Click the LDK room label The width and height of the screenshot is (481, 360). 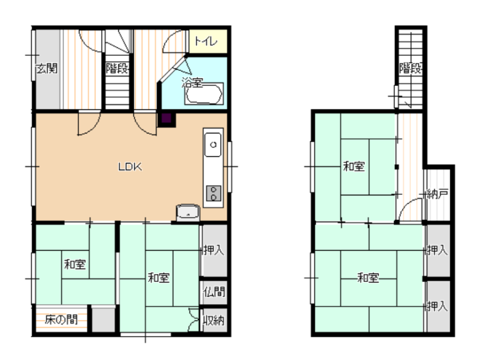click(x=130, y=167)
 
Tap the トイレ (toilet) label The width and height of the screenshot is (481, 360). click(x=206, y=41)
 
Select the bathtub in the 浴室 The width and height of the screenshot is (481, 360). click(x=204, y=94)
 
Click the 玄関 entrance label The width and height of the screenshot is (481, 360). click(x=47, y=69)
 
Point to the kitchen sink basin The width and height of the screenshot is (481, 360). click(x=213, y=144)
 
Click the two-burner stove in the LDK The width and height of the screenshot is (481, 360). click(x=213, y=194)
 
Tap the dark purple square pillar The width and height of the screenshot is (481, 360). click(x=167, y=118)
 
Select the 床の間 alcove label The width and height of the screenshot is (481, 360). click(x=61, y=320)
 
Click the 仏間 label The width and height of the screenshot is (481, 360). click(x=214, y=291)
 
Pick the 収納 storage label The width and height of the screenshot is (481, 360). click(x=214, y=320)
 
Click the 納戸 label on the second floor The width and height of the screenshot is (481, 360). click(x=438, y=194)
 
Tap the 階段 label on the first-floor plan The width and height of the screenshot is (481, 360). click(x=117, y=68)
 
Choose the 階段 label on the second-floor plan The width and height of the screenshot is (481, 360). click(x=410, y=68)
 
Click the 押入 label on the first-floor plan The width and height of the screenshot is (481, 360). click(x=214, y=250)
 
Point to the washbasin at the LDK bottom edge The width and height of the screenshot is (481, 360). click(x=188, y=212)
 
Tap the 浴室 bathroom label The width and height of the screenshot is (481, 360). click(x=192, y=82)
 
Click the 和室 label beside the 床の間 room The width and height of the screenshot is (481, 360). click(x=75, y=264)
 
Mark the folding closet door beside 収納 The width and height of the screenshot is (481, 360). click(x=194, y=320)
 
